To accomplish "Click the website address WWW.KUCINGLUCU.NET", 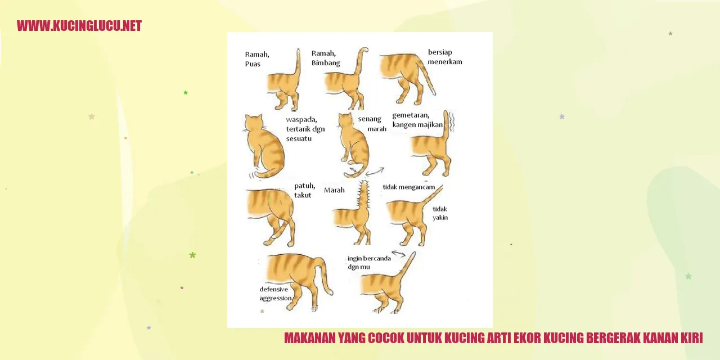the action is (x=79, y=26).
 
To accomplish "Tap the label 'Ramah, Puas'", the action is (x=257, y=59).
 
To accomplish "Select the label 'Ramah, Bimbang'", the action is (x=326, y=58).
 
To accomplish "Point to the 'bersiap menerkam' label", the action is (x=445, y=57).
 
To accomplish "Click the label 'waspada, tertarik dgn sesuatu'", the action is (x=305, y=129).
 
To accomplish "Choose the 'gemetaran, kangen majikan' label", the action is (x=417, y=120).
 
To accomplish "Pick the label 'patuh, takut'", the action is (x=304, y=190).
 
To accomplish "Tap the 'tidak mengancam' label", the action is (x=408, y=187).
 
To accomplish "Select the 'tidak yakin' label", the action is (x=440, y=213).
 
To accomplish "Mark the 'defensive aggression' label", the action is (x=276, y=294).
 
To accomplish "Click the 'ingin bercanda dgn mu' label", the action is (x=369, y=263).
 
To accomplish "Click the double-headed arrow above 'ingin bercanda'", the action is (x=399, y=254).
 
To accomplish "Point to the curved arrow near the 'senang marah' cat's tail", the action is (x=375, y=172).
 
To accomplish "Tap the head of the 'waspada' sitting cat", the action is (x=254, y=123).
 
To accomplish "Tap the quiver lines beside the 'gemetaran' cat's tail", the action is (x=452, y=122).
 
